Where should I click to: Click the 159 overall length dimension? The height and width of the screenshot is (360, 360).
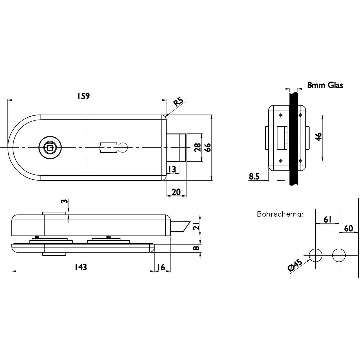coord(83,96)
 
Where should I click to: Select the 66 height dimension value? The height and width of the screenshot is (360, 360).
coord(207,147)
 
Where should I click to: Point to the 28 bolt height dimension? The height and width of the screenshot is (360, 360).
coord(197,147)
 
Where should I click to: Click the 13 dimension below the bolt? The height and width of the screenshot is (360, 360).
coord(172,169)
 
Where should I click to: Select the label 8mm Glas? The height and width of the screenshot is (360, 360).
coord(325,85)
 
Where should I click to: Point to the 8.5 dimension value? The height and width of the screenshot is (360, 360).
coord(254,177)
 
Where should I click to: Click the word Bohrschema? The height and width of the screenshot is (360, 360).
coord(280,214)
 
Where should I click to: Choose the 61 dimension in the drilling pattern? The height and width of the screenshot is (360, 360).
coord(327,219)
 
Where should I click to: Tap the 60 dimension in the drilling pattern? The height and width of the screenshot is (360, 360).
coord(348,228)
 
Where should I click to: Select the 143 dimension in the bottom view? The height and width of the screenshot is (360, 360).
coord(80,267)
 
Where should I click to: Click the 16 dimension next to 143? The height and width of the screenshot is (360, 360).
coord(161,267)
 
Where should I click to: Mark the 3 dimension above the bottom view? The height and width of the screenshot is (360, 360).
coord(65,201)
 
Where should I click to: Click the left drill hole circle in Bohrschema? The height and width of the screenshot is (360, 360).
coord(316,256)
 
